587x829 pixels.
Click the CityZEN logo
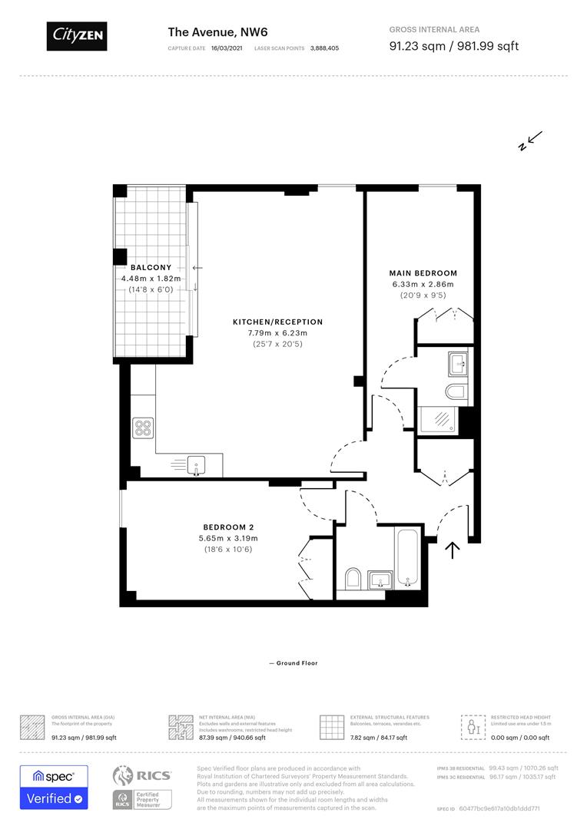[x=76, y=35]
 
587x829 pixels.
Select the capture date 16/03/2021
[x=227, y=48]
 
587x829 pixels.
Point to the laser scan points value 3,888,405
[x=324, y=48]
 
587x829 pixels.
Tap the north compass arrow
[x=531, y=140]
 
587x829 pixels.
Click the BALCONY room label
[x=151, y=267]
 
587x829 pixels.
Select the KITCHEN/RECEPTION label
[x=277, y=322]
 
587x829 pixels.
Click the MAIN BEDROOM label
[x=423, y=272]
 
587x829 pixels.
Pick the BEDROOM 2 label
[x=228, y=527]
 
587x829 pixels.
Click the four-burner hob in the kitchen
[x=143, y=427]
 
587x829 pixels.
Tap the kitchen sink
[x=196, y=463]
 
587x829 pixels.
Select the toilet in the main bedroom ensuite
[x=455, y=392]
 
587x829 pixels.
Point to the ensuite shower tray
[x=438, y=419]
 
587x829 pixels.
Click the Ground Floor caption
[x=293, y=663]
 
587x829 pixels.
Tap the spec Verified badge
[x=54, y=787]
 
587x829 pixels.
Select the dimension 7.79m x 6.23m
[x=277, y=333]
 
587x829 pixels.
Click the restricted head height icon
[x=470, y=726]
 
